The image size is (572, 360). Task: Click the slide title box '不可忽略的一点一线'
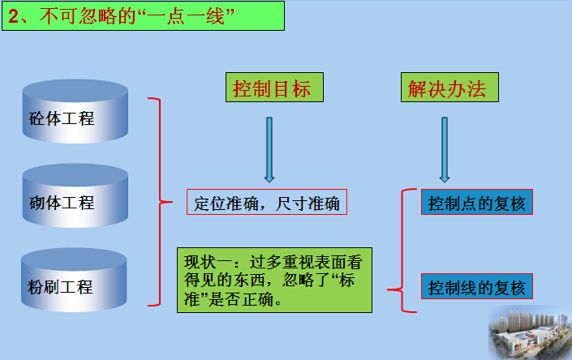143,16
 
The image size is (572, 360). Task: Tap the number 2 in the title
14,17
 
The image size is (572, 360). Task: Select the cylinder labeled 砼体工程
75,111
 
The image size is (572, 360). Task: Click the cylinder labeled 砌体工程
75,195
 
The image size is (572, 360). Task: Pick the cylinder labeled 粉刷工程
74,280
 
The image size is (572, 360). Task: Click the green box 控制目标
274,87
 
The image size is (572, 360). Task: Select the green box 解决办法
449,87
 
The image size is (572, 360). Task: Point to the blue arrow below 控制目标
269,149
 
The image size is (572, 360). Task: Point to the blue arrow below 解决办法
445,149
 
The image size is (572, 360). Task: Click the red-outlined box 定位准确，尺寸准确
267,202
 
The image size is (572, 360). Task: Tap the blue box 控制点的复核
477,202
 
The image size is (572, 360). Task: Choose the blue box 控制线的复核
477,286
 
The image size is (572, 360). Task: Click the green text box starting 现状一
275,281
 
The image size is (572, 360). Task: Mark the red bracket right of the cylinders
160,202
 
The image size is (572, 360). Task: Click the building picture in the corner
530,332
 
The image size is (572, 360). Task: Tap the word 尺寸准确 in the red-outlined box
308,204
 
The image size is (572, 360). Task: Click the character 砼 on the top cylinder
37,118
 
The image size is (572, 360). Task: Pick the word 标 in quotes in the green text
346,281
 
